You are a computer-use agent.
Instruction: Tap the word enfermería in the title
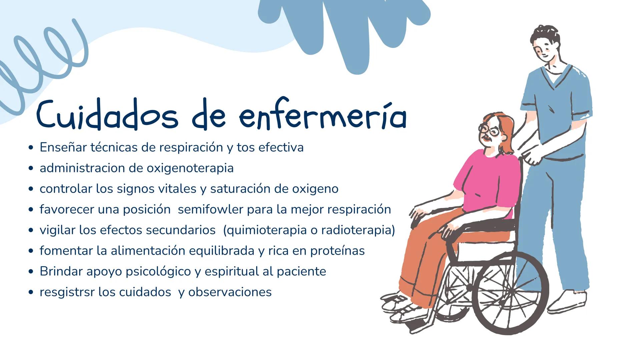323,115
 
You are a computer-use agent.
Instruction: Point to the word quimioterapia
265,230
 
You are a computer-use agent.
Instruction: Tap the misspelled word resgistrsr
67,292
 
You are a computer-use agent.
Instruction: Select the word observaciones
230,292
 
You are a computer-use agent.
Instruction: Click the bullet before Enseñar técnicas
31,147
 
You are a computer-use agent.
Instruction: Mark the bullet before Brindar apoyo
31,272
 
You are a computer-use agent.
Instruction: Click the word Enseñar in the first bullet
63,147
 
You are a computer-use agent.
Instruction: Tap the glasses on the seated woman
489,130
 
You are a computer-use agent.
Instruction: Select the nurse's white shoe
567,302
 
